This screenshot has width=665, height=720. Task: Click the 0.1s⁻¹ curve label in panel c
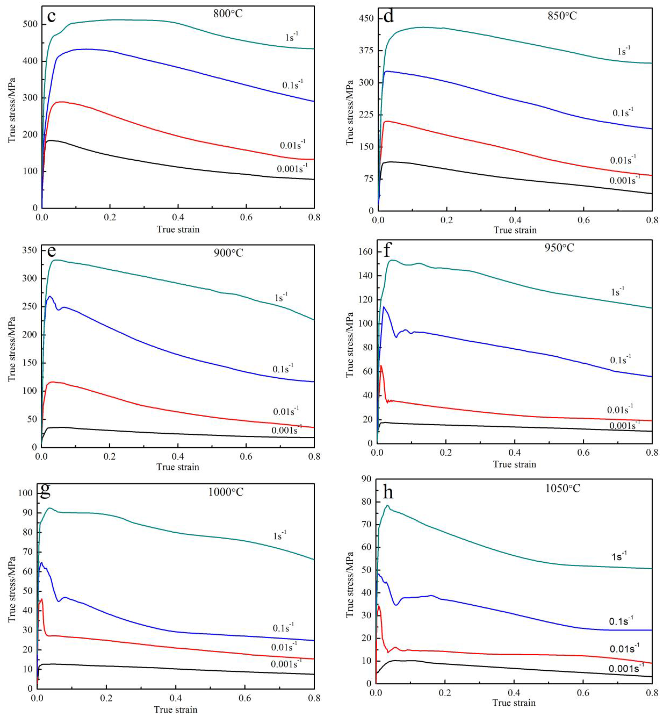point(292,85)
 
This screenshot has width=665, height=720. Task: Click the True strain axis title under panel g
point(176,710)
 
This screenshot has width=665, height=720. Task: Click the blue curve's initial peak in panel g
point(41,563)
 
